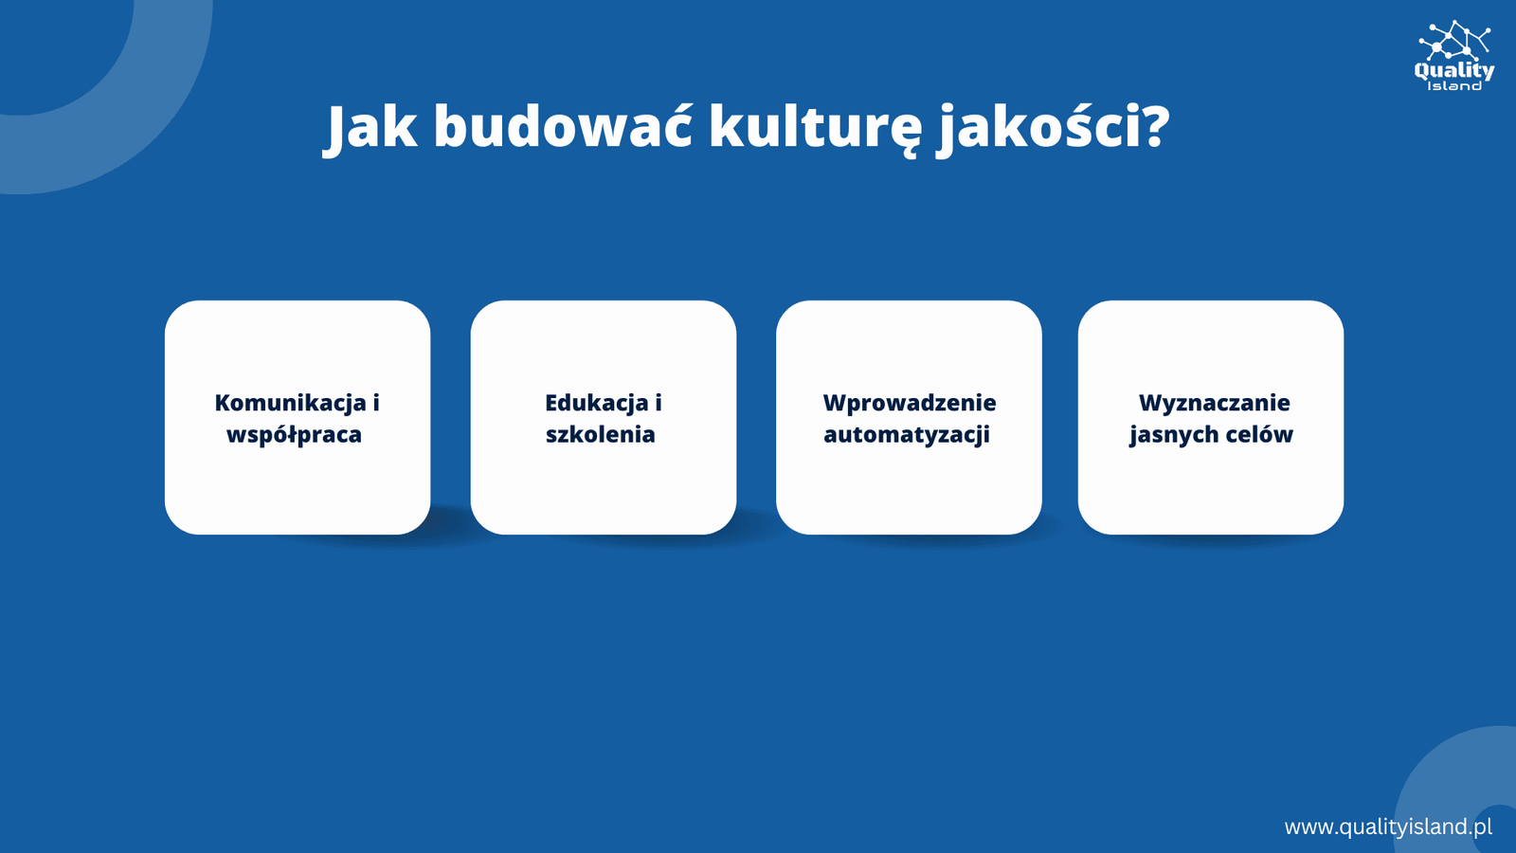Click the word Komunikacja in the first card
(290, 404)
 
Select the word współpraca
(294, 435)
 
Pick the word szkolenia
(601, 434)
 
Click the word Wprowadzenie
(909, 404)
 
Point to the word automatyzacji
(906, 435)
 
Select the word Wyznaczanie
(1214, 404)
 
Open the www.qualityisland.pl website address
(1388, 826)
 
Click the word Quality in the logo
(1453, 71)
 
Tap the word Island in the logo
(1454, 86)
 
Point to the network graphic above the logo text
(1454, 40)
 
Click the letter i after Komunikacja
(375, 403)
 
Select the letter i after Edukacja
(658, 403)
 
